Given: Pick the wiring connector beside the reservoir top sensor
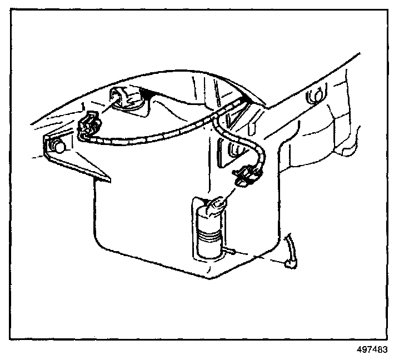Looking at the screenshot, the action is [89, 125].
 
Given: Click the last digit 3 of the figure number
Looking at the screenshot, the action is [385, 350].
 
